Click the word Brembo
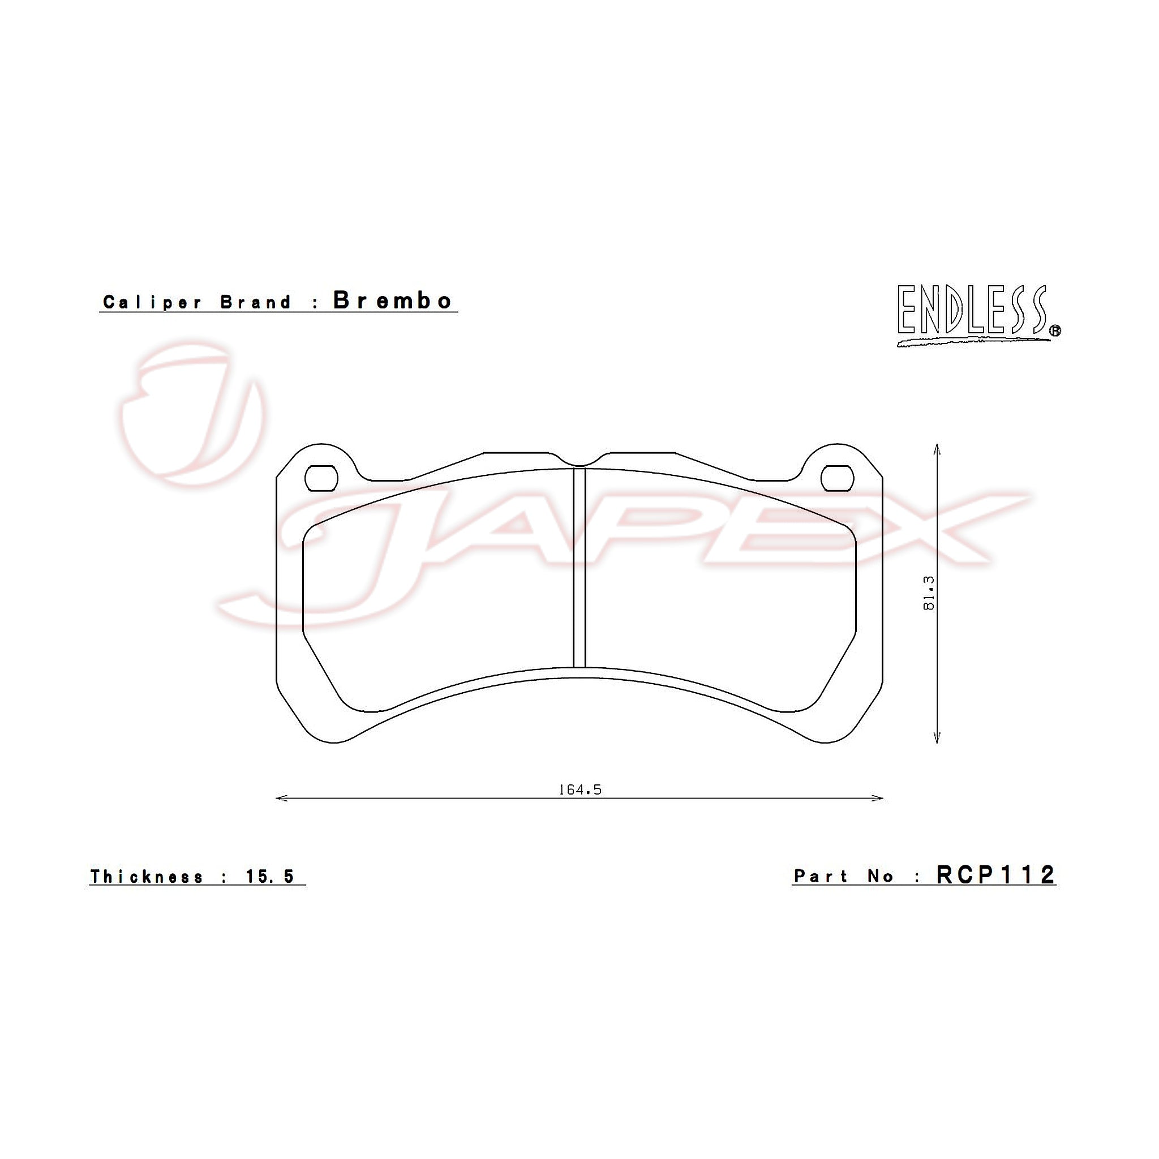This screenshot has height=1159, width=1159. pos(392,300)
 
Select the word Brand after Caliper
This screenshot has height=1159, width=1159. pos(256,302)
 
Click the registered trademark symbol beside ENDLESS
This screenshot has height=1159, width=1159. pos(1055,330)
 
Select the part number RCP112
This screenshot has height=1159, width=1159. pos(995,875)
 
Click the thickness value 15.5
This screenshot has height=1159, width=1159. pos(270,877)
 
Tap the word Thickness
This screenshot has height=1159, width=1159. pos(147,877)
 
